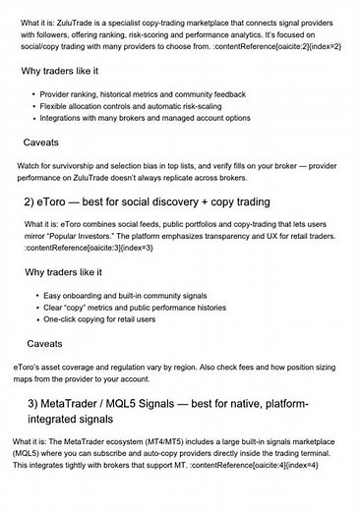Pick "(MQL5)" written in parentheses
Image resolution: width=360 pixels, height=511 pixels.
point(30,453)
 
